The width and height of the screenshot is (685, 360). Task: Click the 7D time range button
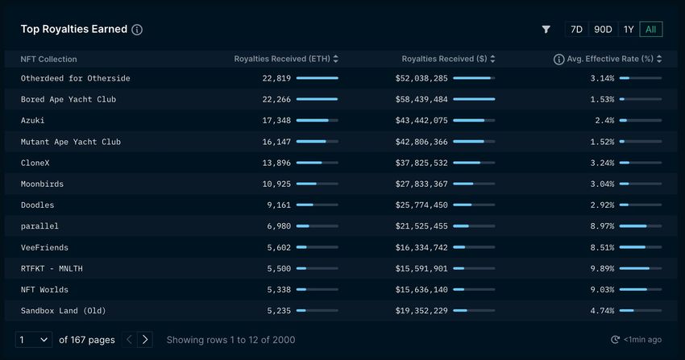576,29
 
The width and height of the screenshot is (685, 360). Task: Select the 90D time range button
603,29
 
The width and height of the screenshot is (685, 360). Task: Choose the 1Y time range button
629,29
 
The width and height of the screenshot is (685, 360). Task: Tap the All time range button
651,29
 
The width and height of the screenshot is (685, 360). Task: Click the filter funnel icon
546,29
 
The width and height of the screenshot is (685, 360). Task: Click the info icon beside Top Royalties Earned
137,30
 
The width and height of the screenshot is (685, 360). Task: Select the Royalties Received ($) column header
448,59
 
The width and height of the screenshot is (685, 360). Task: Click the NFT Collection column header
49,59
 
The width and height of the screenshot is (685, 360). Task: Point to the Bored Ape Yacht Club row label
68,99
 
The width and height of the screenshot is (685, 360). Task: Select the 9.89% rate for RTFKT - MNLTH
602,268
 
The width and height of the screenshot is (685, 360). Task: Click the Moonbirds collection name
42,184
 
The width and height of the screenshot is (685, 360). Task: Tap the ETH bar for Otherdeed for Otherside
317,78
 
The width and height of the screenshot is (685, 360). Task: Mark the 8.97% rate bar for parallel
640,226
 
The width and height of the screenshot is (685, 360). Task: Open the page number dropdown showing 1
34,340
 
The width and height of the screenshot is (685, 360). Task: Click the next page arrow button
145,340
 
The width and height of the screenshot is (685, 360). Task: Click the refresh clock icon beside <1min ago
615,340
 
